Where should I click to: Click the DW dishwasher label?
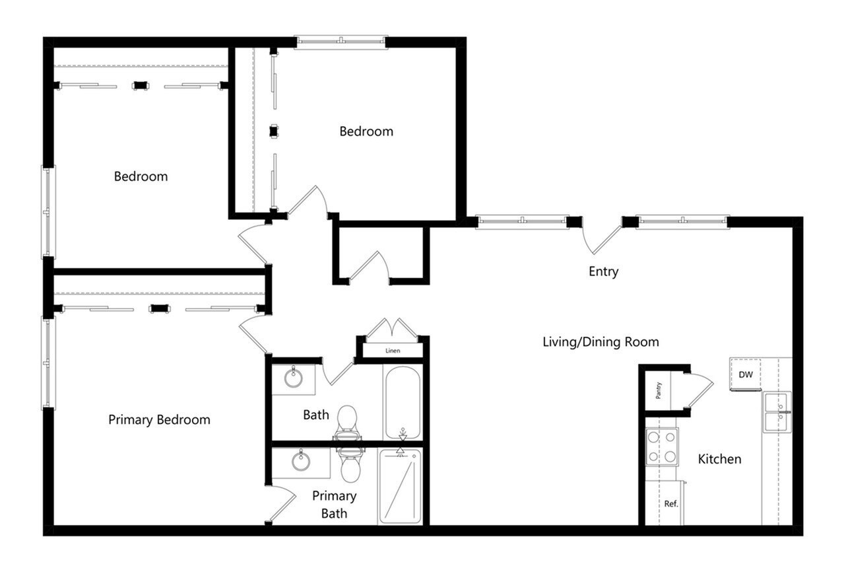(x=746, y=375)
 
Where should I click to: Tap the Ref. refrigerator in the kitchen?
(x=671, y=503)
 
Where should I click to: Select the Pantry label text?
(x=659, y=391)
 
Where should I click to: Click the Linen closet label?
(x=393, y=351)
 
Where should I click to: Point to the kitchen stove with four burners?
(x=662, y=446)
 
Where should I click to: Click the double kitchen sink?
(x=777, y=412)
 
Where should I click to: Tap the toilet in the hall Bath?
(x=347, y=422)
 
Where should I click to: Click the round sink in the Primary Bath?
(x=302, y=460)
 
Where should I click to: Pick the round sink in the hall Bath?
(x=293, y=378)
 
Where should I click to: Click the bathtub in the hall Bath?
(x=402, y=402)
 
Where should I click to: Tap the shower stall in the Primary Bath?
(x=399, y=486)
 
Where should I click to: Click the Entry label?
(x=603, y=271)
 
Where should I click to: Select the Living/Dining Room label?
(x=601, y=342)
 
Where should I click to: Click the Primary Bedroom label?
(x=159, y=420)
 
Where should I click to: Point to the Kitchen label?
(x=719, y=459)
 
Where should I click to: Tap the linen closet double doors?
(x=393, y=330)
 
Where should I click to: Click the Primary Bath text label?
(x=334, y=504)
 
